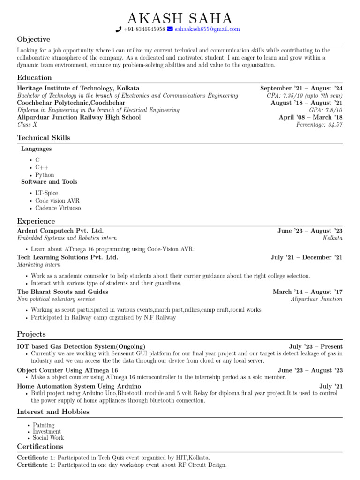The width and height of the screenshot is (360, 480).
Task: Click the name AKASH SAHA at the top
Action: pyautogui.click(x=180, y=18)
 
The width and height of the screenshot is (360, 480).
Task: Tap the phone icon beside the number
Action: pyautogui.click(x=118, y=29)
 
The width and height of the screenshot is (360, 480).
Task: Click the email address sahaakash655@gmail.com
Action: pyautogui.click(x=207, y=29)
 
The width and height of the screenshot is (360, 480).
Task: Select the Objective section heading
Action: pyautogui.click(x=33, y=39)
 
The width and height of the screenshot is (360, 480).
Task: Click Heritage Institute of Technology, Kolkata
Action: pyautogui.click(x=78, y=88)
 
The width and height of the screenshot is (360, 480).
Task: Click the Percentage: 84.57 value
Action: pyautogui.click(x=319, y=125)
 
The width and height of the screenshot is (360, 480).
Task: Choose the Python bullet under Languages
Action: pyautogui.click(x=45, y=175)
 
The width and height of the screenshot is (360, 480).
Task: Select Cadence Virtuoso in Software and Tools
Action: pyautogui.click(x=58, y=208)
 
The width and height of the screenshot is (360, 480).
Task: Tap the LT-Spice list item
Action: pyautogui.click(x=46, y=193)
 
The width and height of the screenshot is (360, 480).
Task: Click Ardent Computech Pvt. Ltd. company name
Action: pyautogui.click(x=60, y=231)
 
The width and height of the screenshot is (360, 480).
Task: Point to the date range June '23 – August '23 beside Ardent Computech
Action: pyautogui.click(x=310, y=231)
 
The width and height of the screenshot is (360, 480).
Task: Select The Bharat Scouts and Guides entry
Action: pyautogui.click(x=62, y=292)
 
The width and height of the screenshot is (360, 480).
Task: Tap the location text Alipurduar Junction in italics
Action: pyautogui.click(x=316, y=299)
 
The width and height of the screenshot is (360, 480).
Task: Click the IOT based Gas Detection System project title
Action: pyautogui.click(x=81, y=346)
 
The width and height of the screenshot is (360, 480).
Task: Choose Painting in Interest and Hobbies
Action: pyautogui.click(x=44, y=425)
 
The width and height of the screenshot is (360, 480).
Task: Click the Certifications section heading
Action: pyautogui.click(x=40, y=447)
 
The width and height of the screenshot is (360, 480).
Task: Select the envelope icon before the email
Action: pyautogui.click(x=170, y=29)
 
